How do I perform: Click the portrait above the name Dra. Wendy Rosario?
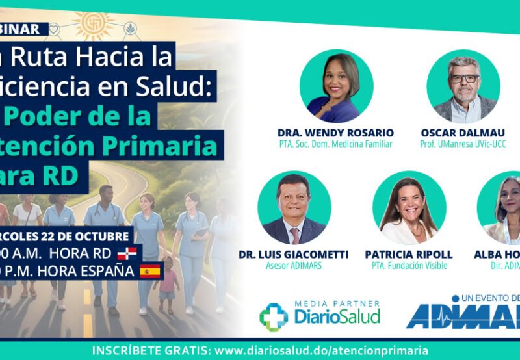coord(336,86)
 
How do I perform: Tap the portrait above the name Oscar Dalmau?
coord(463,86)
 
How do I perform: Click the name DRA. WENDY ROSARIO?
coord(335,133)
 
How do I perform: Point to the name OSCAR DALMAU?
coord(463,133)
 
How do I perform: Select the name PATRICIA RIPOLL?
coord(409,254)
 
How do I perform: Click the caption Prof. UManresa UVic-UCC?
coord(463,144)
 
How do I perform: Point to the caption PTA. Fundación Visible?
coord(409,265)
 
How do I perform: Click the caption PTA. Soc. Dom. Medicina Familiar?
coord(335,144)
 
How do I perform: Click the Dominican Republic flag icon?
coord(126,253)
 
